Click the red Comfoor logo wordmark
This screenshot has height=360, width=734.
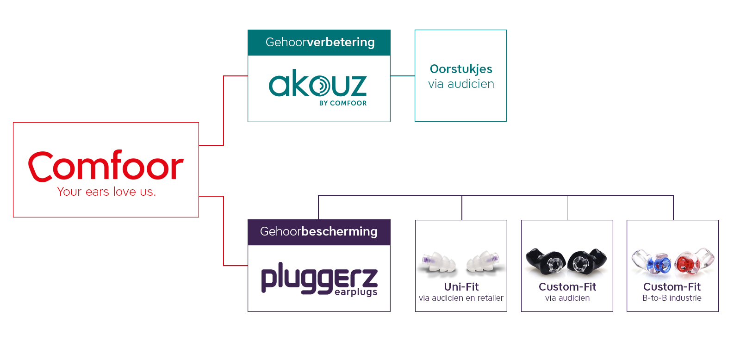[x=106, y=166]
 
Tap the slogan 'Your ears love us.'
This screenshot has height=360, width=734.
[x=106, y=192]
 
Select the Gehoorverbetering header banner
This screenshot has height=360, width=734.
[x=319, y=43]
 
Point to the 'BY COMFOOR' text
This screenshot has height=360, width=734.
[x=342, y=103]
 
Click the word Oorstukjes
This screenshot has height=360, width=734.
[x=461, y=69]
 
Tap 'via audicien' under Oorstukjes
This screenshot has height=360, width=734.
[x=461, y=84]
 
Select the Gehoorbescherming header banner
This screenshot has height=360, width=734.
[x=319, y=232]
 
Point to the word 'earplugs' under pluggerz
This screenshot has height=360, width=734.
[x=356, y=292]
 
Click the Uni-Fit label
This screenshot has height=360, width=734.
[x=461, y=287]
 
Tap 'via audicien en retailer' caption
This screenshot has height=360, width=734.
[x=461, y=298]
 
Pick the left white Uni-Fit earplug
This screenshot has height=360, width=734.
[x=438, y=263]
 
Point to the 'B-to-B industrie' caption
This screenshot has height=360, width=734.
[x=672, y=298]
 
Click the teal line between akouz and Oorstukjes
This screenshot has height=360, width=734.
[x=402, y=76]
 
